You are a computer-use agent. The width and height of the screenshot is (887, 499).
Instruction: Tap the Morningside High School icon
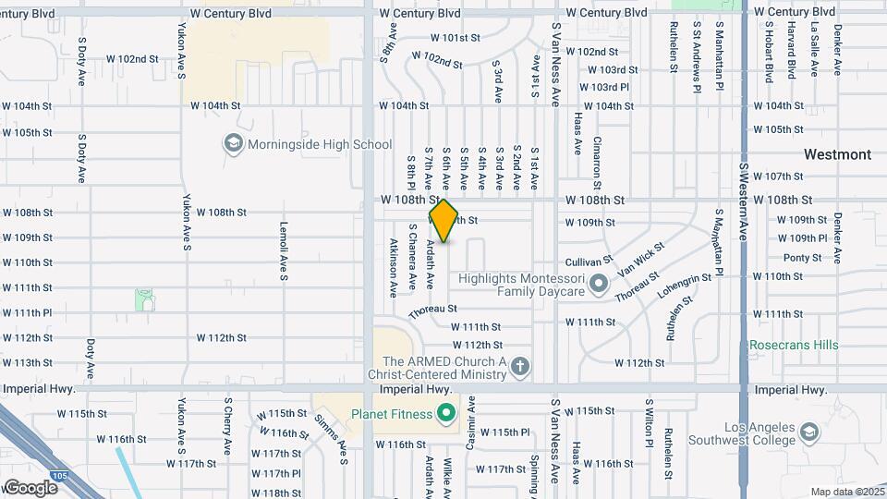[233, 143]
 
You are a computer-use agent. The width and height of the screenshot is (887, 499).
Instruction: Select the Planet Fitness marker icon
[447, 411]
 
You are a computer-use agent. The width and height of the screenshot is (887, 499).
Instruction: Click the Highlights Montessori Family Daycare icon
[598, 284]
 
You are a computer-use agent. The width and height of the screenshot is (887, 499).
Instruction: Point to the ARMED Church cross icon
[520, 367]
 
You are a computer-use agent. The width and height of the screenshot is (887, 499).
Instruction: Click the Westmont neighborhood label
[837, 154]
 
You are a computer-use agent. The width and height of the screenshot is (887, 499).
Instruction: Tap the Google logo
[30, 487]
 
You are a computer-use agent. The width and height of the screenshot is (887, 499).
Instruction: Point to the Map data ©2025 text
[846, 492]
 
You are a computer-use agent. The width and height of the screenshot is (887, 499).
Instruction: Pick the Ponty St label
[802, 258]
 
